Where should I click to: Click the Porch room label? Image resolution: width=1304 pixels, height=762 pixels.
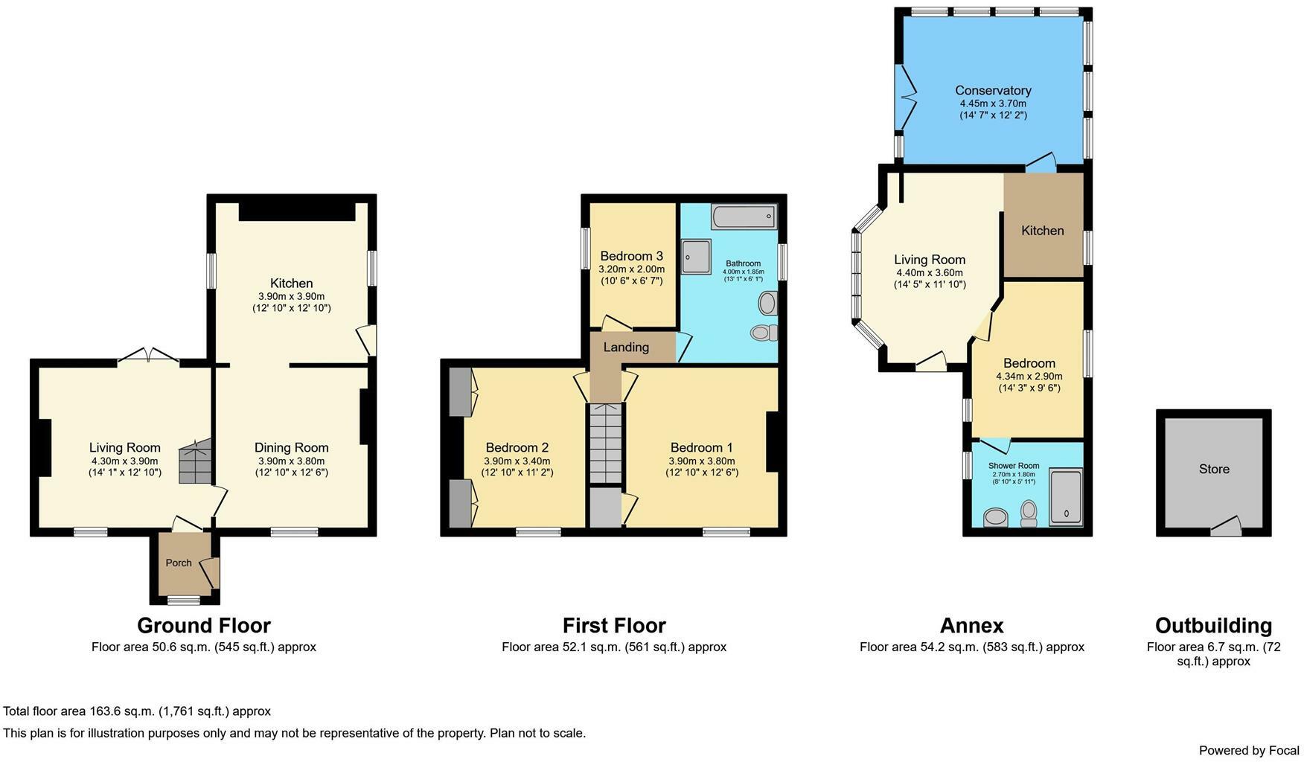click(179, 563)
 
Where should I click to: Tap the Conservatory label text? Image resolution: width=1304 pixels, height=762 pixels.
click(993, 91)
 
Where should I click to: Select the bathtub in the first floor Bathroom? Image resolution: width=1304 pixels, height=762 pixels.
click(744, 217)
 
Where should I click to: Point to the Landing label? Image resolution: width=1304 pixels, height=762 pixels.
click(626, 348)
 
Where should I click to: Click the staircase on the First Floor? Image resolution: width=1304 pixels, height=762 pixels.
click(605, 444)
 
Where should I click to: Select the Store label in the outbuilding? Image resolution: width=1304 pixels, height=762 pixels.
click(1214, 469)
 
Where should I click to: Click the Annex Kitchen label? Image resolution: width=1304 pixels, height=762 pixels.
click(1042, 231)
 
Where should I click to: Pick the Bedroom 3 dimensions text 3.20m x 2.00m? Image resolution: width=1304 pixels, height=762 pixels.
click(631, 269)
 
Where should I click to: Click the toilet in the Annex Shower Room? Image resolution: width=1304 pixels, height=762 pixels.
click(1029, 512)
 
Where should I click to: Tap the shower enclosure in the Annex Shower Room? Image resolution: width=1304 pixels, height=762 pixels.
click(1065, 497)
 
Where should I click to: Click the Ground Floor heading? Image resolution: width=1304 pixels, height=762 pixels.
click(203, 625)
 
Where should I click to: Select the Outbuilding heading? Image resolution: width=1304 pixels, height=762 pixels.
click(1213, 625)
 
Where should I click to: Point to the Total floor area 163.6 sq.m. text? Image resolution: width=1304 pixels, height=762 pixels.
click(137, 711)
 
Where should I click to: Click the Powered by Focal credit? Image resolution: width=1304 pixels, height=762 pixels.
click(1248, 750)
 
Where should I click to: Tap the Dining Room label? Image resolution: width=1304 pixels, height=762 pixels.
click(291, 447)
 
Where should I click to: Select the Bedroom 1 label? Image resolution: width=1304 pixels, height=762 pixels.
click(701, 447)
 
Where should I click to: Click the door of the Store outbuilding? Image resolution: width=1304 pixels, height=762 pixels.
click(1226, 528)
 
